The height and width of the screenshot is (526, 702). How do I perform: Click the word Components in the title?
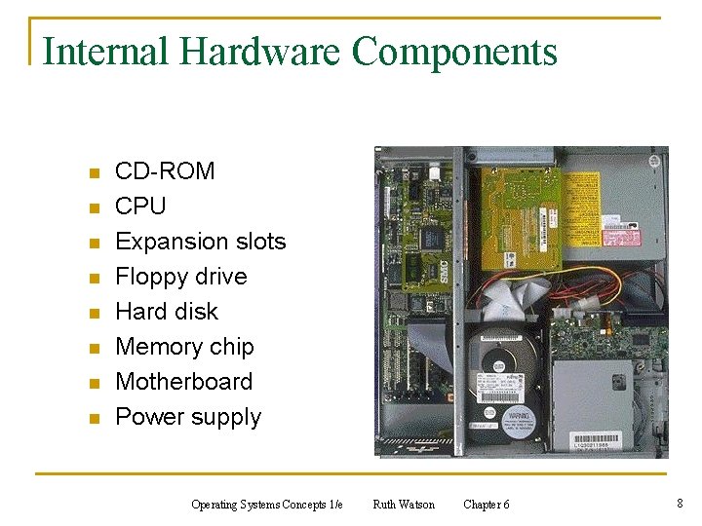pyautogui.click(x=454, y=51)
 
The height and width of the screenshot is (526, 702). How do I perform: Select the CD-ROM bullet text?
pyautogui.click(x=165, y=171)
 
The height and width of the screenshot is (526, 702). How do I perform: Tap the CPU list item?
pyautogui.click(x=140, y=207)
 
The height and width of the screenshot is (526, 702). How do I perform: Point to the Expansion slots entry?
pyautogui.click(x=201, y=242)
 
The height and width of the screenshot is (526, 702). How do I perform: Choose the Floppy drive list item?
pyautogui.click(x=181, y=277)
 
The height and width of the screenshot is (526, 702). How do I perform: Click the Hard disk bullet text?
pyautogui.click(x=167, y=312)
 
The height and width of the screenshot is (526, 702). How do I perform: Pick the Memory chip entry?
pyautogui.click(x=184, y=347)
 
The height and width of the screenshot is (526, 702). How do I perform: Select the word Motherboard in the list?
pyautogui.click(x=183, y=382)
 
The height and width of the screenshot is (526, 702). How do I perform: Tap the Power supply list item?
pyautogui.click(x=188, y=417)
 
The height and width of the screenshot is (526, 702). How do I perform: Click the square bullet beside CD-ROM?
pyautogui.click(x=95, y=173)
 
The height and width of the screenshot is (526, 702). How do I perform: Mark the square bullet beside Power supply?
pyautogui.click(x=95, y=419)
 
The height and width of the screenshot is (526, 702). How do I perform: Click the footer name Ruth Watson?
pyautogui.click(x=404, y=505)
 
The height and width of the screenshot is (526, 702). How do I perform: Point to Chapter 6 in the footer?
pyautogui.click(x=486, y=505)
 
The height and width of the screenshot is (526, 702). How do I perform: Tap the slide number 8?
pyautogui.click(x=679, y=504)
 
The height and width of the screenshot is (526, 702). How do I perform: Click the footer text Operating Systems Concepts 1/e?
pyautogui.click(x=267, y=505)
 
